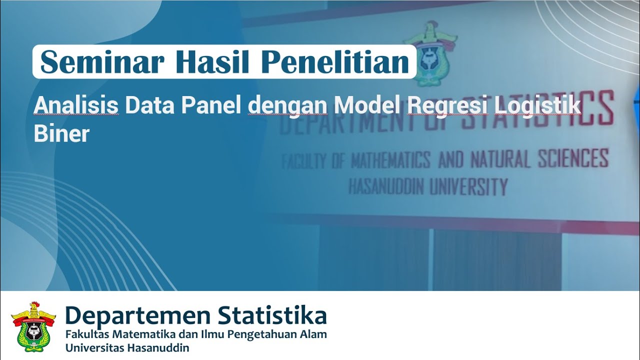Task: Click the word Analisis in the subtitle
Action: [76, 106]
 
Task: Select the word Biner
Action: [61, 133]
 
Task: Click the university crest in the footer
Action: [33, 326]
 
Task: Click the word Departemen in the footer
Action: [138, 316]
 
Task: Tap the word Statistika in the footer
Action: [272, 316]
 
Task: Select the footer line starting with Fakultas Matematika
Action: [196, 334]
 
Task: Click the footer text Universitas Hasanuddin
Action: [127, 348]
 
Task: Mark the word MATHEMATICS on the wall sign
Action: [390, 160]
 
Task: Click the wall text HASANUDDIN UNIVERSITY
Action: [428, 187]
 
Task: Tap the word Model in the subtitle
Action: [368, 106]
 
